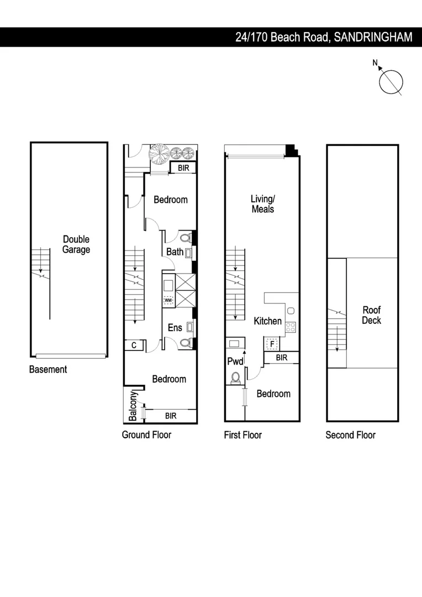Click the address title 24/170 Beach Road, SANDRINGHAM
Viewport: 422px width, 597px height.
click(x=324, y=37)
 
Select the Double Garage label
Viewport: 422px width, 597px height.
click(x=76, y=244)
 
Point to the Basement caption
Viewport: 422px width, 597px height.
click(x=48, y=369)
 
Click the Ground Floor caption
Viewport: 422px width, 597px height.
click(x=146, y=434)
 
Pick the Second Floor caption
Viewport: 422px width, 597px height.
click(x=350, y=434)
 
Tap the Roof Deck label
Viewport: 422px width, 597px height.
click(x=371, y=315)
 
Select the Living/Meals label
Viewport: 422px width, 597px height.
click(x=262, y=204)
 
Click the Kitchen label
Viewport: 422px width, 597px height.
click(x=267, y=321)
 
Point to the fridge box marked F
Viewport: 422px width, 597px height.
click(x=272, y=344)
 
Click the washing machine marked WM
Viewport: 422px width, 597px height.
click(x=168, y=300)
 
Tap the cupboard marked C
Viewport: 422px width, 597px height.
click(x=134, y=345)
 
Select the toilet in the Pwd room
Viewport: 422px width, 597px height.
click(x=235, y=378)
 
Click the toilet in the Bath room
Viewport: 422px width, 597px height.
click(x=185, y=238)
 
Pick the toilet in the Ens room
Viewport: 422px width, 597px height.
click(x=185, y=343)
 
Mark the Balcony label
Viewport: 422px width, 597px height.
click(x=133, y=406)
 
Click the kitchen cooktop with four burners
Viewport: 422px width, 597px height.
click(x=291, y=326)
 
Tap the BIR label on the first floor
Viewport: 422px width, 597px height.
click(x=281, y=358)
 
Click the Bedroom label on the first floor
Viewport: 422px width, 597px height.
click(x=273, y=394)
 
